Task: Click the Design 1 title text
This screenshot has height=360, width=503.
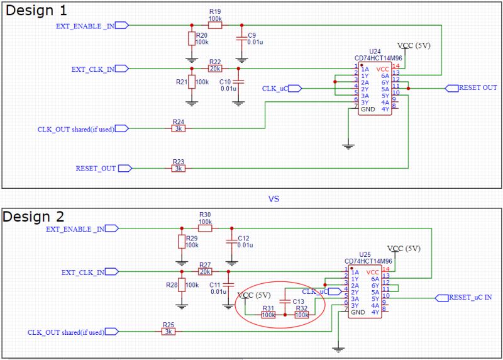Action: (36, 11)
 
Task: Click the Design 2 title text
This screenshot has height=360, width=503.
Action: (36, 217)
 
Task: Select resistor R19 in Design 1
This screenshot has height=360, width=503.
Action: (215, 26)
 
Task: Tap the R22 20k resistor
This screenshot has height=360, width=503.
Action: (215, 69)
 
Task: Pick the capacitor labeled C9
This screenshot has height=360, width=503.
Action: (239, 39)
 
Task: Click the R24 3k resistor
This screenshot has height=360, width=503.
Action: (178, 128)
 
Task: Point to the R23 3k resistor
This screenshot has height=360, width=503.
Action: (178, 168)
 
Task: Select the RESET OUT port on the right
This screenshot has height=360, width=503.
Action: (477, 88)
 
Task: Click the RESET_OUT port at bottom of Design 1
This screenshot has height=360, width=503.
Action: (96, 168)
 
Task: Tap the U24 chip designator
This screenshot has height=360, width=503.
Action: (375, 50)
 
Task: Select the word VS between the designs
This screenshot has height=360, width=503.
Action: (274, 198)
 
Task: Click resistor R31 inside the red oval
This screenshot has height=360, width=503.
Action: (268, 314)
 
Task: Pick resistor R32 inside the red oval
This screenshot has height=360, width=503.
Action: (302, 314)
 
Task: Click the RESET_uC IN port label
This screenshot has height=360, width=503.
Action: (470, 297)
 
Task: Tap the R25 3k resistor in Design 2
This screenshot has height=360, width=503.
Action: (167, 331)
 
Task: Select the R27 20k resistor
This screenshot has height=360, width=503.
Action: (205, 272)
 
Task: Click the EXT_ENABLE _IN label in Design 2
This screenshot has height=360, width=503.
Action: (75, 229)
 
